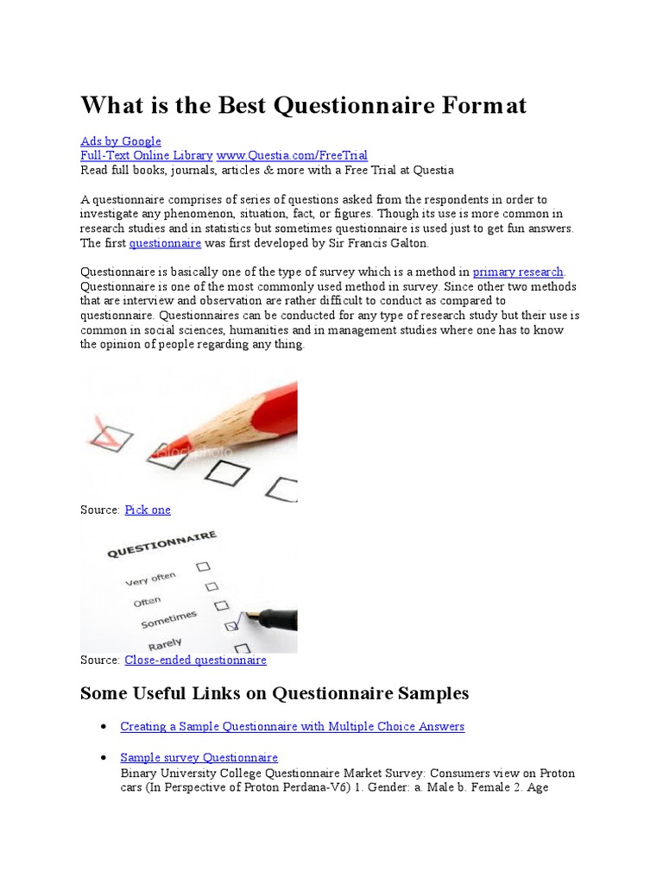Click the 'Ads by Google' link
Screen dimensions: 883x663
tap(121, 141)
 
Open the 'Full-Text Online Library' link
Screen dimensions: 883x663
tap(146, 156)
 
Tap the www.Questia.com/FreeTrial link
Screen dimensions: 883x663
tap(292, 156)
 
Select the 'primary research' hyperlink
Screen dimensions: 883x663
tap(518, 272)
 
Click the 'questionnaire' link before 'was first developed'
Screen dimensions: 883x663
tap(165, 244)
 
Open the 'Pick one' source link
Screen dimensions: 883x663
tap(148, 510)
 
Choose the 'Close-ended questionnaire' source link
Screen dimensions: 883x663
tap(195, 660)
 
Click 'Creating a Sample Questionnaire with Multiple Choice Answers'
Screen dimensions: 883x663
tap(292, 727)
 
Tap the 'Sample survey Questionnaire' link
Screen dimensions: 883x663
tap(199, 758)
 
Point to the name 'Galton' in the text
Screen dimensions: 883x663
tap(407, 244)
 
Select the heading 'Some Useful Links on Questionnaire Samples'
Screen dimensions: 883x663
tap(275, 693)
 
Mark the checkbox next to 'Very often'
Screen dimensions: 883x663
tap(203, 567)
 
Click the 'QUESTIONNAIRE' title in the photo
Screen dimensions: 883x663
tap(161, 545)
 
